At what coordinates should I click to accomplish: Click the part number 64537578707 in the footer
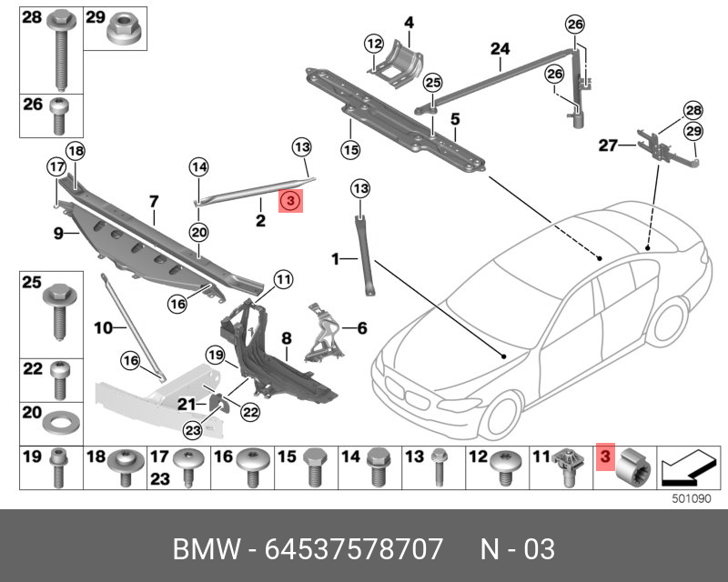pyautogui.click(x=353, y=548)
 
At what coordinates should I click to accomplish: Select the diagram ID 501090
pyautogui.click(x=690, y=498)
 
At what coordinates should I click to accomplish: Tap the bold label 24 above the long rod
pyautogui.click(x=500, y=48)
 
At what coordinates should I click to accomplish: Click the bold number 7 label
pyautogui.click(x=154, y=200)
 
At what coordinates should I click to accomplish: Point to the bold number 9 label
pyautogui.click(x=57, y=234)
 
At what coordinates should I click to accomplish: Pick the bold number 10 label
pyautogui.click(x=103, y=325)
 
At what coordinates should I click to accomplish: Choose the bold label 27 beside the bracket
pyautogui.click(x=607, y=145)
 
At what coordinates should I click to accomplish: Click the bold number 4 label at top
pyautogui.click(x=409, y=22)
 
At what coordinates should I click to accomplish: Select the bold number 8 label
pyautogui.click(x=286, y=338)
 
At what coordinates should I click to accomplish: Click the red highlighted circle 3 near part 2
pyautogui.click(x=289, y=201)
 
